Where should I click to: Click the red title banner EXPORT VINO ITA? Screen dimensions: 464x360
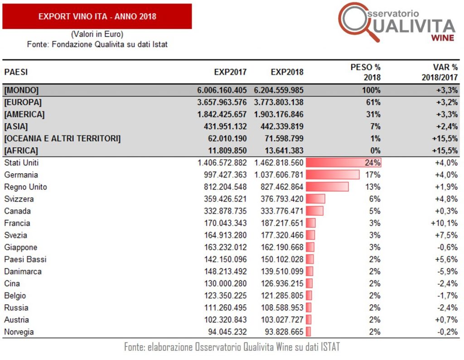click(97, 16)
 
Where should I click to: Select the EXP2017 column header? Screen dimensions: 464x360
click(230, 72)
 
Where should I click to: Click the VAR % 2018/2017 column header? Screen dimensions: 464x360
click(440, 72)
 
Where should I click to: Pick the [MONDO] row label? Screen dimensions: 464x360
click(21, 90)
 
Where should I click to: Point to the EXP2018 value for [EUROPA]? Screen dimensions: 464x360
click(279, 102)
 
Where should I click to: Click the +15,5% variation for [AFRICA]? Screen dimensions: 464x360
click(445, 151)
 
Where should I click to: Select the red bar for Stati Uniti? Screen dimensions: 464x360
click(343, 162)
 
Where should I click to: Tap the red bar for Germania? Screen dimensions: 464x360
click(333, 175)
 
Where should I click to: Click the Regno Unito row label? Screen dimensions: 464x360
click(25, 187)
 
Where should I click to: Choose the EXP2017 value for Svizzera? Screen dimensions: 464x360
click(225, 199)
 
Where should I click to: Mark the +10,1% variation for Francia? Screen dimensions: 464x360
click(444, 223)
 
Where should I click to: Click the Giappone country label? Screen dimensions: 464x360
click(21, 248)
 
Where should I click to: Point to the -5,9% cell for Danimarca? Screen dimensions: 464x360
click(447, 272)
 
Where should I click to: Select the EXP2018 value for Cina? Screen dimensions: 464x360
click(282, 284)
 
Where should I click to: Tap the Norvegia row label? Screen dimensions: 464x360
click(19, 332)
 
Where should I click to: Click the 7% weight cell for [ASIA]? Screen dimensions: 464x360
click(375, 126)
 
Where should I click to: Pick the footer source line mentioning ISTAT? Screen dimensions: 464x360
click(232, 347)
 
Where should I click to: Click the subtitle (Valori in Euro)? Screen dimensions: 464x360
click(97, 34)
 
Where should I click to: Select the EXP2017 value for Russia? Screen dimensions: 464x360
click(225, 308)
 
